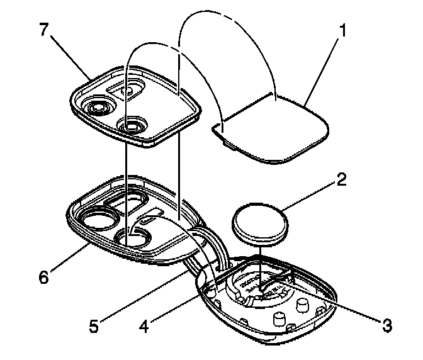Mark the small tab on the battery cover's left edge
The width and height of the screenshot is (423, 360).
coord(218,130)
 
